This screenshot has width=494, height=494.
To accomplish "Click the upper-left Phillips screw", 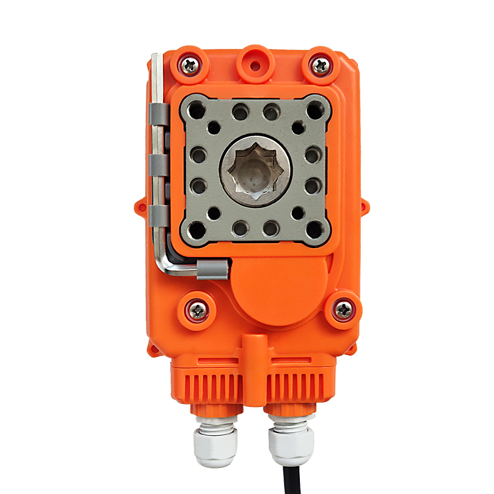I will (190, 64).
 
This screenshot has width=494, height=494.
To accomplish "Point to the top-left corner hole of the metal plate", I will (197, 110).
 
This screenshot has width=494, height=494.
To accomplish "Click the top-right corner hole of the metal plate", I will (315, 110).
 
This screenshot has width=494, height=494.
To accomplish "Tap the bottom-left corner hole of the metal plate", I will (197, 229).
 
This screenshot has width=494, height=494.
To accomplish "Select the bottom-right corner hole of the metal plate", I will (315, 229).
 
